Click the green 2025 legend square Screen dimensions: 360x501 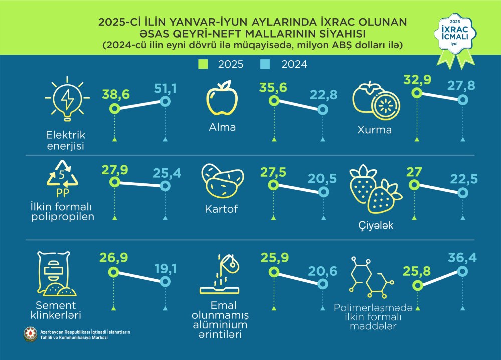[203, 64]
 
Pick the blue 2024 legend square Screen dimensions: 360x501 [266, 64]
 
